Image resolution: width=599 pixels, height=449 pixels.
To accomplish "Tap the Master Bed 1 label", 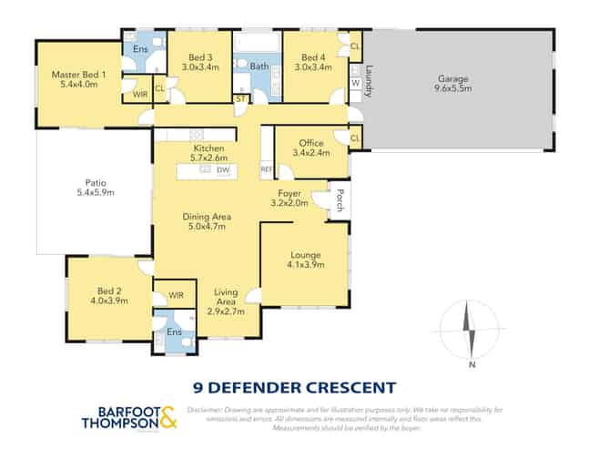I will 78,74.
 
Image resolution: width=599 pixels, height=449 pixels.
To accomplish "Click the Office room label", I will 311,142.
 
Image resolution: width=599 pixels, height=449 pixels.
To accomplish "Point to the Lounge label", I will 306,255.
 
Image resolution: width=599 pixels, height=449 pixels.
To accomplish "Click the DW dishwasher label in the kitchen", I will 222,169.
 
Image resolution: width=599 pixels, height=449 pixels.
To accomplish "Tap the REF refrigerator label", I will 267,168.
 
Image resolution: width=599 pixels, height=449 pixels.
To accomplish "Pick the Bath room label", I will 259,66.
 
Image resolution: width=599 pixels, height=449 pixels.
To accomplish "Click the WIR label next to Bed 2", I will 175,294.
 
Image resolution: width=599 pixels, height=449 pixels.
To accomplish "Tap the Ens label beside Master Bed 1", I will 141,48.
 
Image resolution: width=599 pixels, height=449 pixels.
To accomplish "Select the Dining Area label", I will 207,217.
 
